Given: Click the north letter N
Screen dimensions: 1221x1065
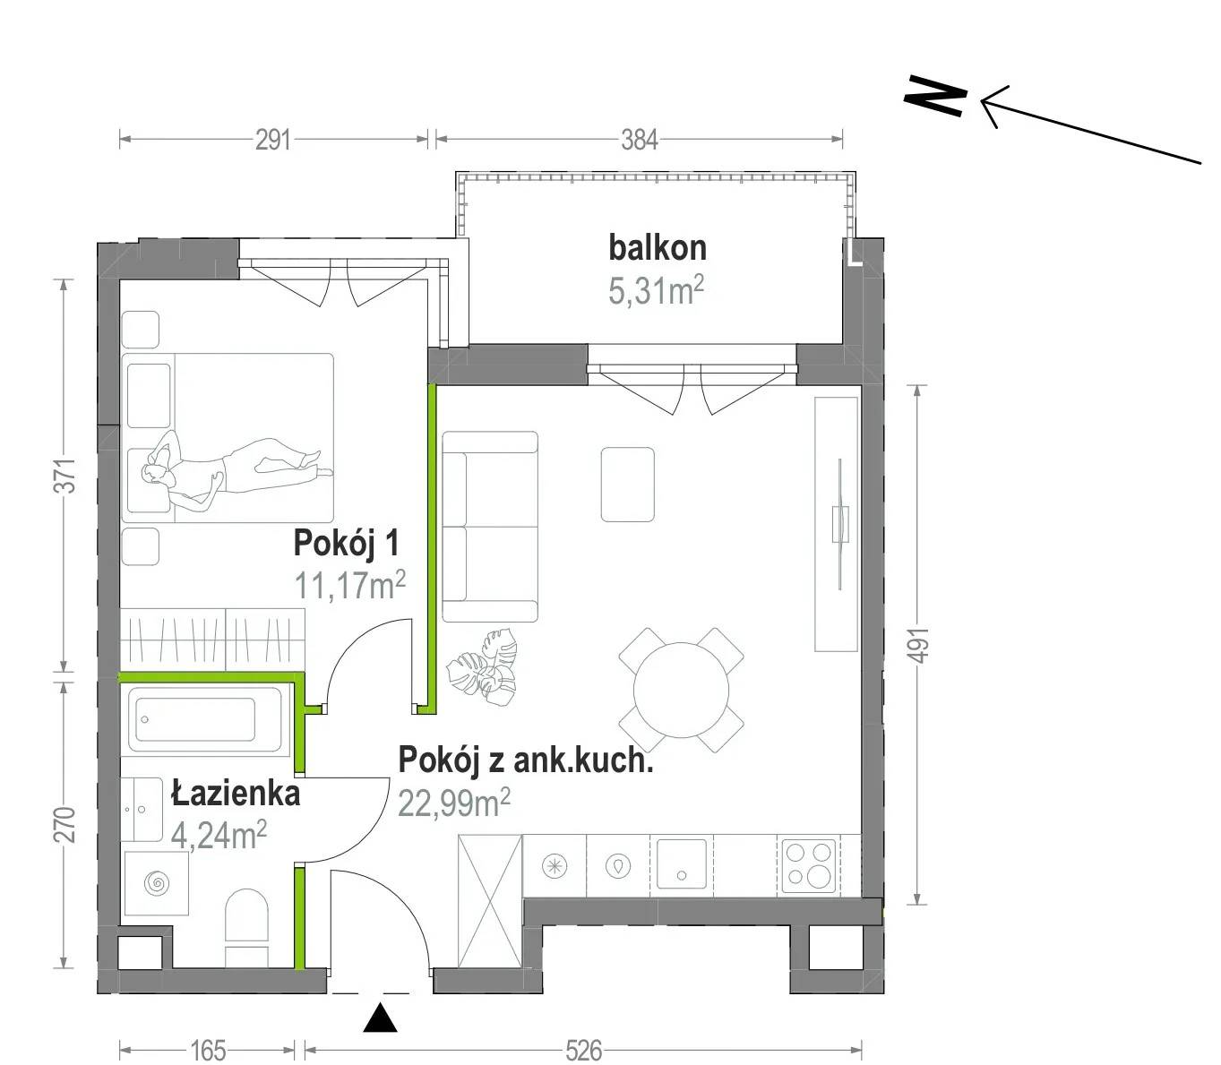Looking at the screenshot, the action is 934,96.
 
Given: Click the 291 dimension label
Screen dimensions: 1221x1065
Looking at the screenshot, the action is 272,141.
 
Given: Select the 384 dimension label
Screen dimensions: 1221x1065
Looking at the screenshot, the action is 639,141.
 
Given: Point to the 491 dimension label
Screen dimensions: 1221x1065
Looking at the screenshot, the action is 920,645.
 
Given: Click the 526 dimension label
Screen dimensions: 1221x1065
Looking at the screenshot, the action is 583,1051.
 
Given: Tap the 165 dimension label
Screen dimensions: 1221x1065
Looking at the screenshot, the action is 208,1051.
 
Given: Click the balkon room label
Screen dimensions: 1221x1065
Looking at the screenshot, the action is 657,247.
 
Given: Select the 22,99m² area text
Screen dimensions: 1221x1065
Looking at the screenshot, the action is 454,803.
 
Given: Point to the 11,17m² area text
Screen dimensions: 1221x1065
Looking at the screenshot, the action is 350,585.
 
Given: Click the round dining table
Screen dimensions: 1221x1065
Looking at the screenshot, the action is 681,690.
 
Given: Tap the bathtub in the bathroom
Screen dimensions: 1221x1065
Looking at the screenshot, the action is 205,719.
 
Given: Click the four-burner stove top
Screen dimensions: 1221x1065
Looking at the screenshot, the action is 810,863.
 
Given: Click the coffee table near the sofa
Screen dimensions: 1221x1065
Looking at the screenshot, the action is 627,485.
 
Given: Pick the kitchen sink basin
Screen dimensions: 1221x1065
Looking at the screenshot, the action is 682,863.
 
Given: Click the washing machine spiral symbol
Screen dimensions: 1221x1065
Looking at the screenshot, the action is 157,883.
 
